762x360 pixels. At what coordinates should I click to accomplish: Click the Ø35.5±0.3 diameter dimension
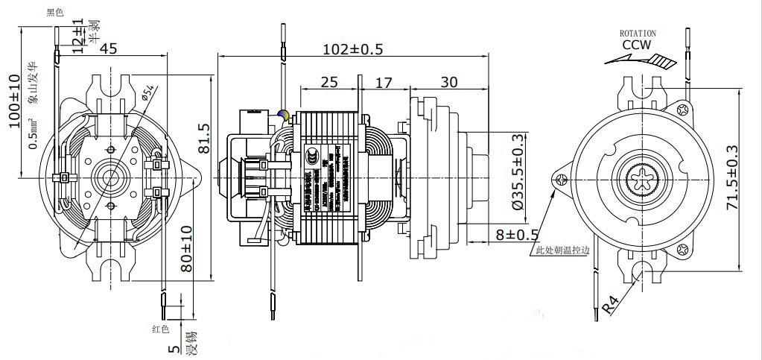pyautogui.click(x=515, y=171)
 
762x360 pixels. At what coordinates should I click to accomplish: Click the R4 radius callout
pyautogui.click(x=612, y=305)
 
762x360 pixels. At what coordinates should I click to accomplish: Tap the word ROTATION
pyautogui.click(x=638, y=34)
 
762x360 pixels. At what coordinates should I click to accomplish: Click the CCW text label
pyautogui.click(x=637, y=45)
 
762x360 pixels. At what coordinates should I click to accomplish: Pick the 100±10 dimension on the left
pyautogui.click(x=15, y=101)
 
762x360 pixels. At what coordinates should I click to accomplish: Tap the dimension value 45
pyautogui.click(x=109, y=49)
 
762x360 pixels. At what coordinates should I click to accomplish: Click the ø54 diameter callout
pyautogui.click(x=147, y=92)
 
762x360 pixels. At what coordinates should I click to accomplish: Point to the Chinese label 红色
pyautogui.click(x=161, y=329)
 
